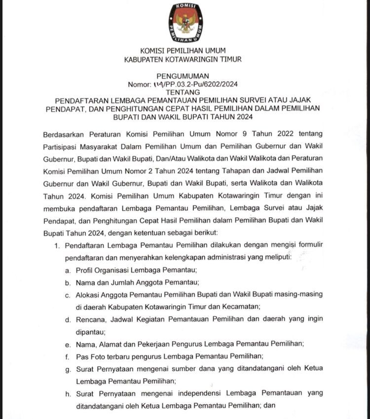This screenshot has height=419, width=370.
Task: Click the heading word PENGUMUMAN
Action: pos(183,76)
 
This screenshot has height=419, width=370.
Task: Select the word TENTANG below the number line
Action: pos(183,92)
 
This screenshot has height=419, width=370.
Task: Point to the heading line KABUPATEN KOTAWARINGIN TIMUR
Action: pos(183,59)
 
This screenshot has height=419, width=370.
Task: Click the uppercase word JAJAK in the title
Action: pos(310,99)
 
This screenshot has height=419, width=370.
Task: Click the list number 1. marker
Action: pos(58,245)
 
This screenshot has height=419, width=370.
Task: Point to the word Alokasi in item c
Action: pos(89,294)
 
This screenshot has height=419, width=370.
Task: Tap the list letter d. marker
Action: pos(67,319)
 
